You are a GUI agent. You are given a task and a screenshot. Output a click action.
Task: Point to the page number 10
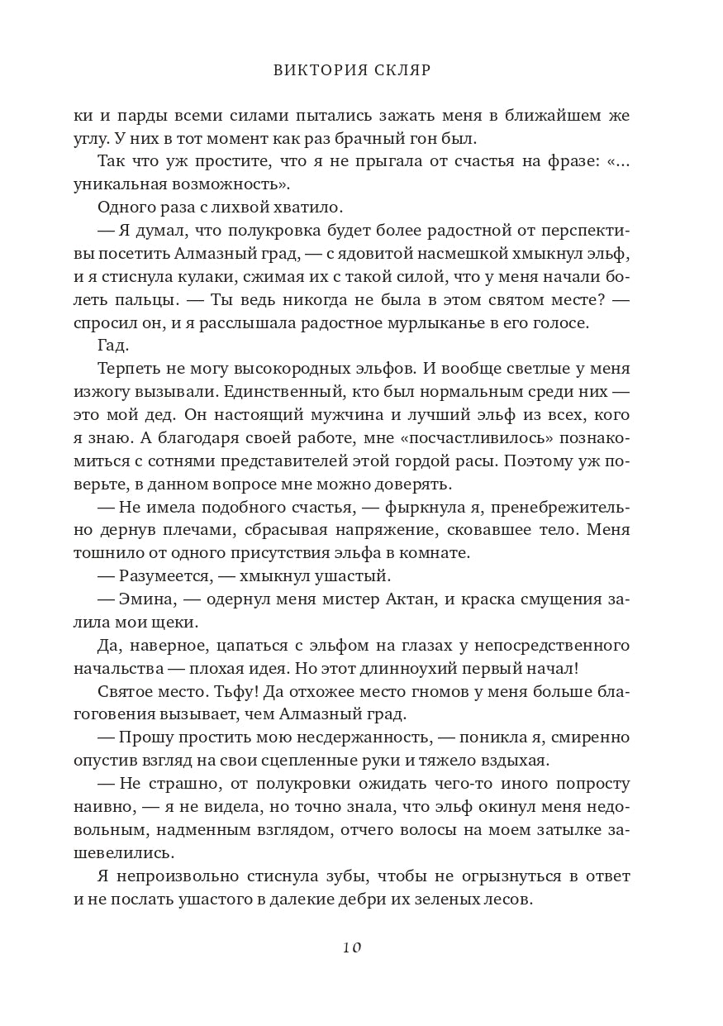[x=352, y=947]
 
